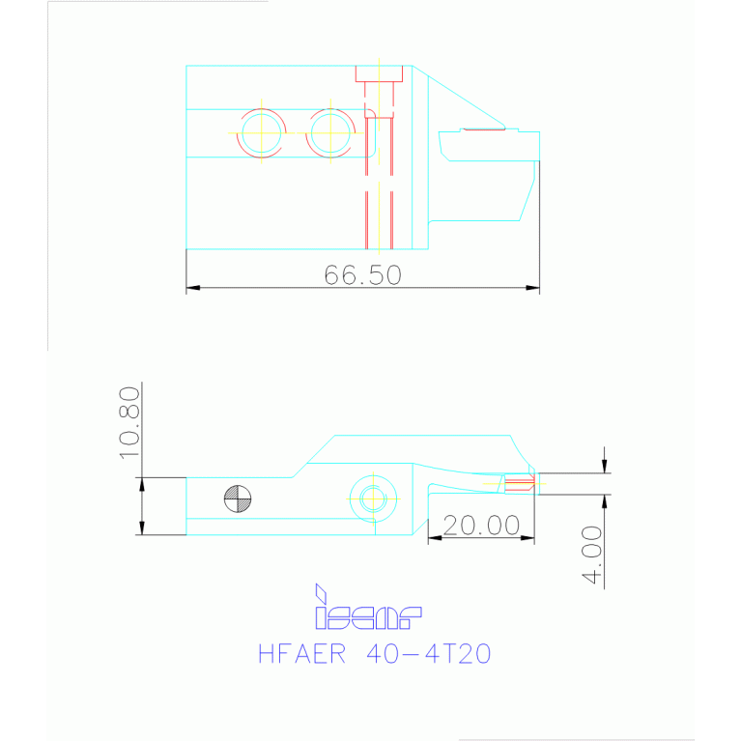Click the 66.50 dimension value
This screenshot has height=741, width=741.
pos(362,275)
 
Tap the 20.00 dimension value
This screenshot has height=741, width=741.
pos(481,526)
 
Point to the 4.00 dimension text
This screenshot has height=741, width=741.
pos(592,556)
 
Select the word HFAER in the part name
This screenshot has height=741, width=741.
pos(301,654)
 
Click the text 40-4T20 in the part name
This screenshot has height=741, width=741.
pos(430,654)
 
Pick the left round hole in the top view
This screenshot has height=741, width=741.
pos(261,132)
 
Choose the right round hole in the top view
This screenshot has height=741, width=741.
pos(330,132)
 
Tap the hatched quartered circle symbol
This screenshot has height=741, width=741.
pos(237,499)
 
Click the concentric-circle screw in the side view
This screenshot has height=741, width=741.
pos(373,499)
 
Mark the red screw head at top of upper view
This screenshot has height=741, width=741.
pos(379,74)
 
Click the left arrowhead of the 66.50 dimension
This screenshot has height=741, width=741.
pos(192,288)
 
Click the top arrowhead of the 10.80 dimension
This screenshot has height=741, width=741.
pos(142,483)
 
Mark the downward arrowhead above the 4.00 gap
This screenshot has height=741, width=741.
pos(605,468)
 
